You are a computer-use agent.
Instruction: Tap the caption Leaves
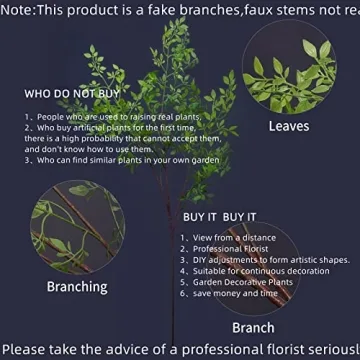click(x=288, y=127)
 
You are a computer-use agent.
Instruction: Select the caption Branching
click(x=77, y=287)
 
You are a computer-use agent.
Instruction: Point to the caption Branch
click(x=253, y=327)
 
